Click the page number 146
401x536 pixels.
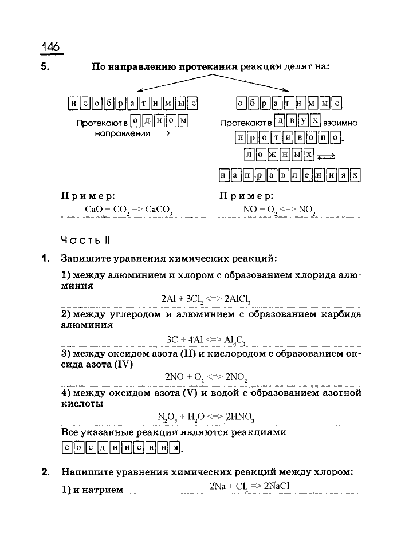(51, 48)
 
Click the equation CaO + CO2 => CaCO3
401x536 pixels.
(128, 210)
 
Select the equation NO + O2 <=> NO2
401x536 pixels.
(280, 210)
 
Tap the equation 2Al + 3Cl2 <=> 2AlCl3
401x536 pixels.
(206, 299)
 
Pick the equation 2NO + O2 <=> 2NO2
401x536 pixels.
(206, 377)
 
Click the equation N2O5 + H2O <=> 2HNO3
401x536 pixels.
(206, 416)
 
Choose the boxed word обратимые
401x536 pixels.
(289, 104)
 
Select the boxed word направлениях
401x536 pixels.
(290, 175)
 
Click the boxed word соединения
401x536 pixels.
(120, 448)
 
